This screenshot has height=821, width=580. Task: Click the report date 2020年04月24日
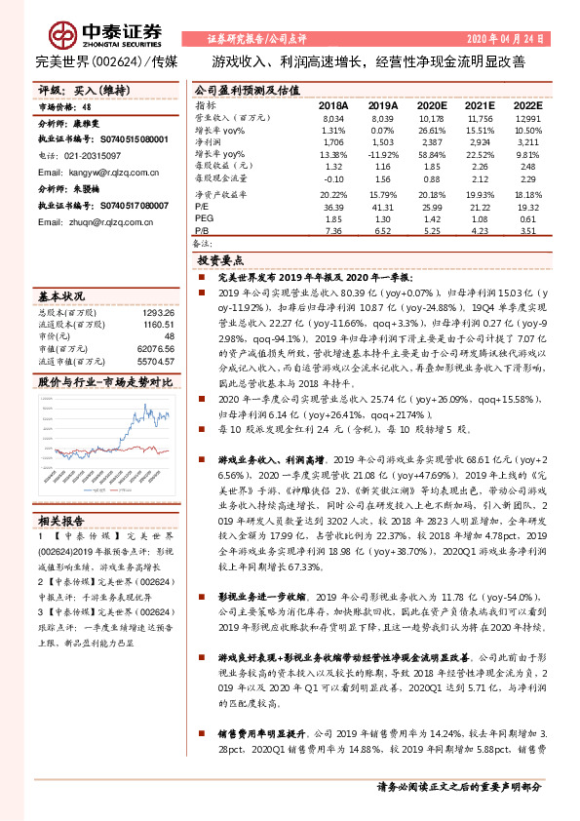(507, 39)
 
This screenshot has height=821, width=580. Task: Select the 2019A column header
(383, 104)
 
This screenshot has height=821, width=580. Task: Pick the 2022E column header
(527, 104)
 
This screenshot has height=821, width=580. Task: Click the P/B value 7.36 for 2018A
(333, 231)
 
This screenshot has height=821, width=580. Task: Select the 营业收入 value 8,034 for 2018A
(333, 117)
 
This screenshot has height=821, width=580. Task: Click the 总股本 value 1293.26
(157, 311)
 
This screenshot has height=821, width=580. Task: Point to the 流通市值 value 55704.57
(156, 361)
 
